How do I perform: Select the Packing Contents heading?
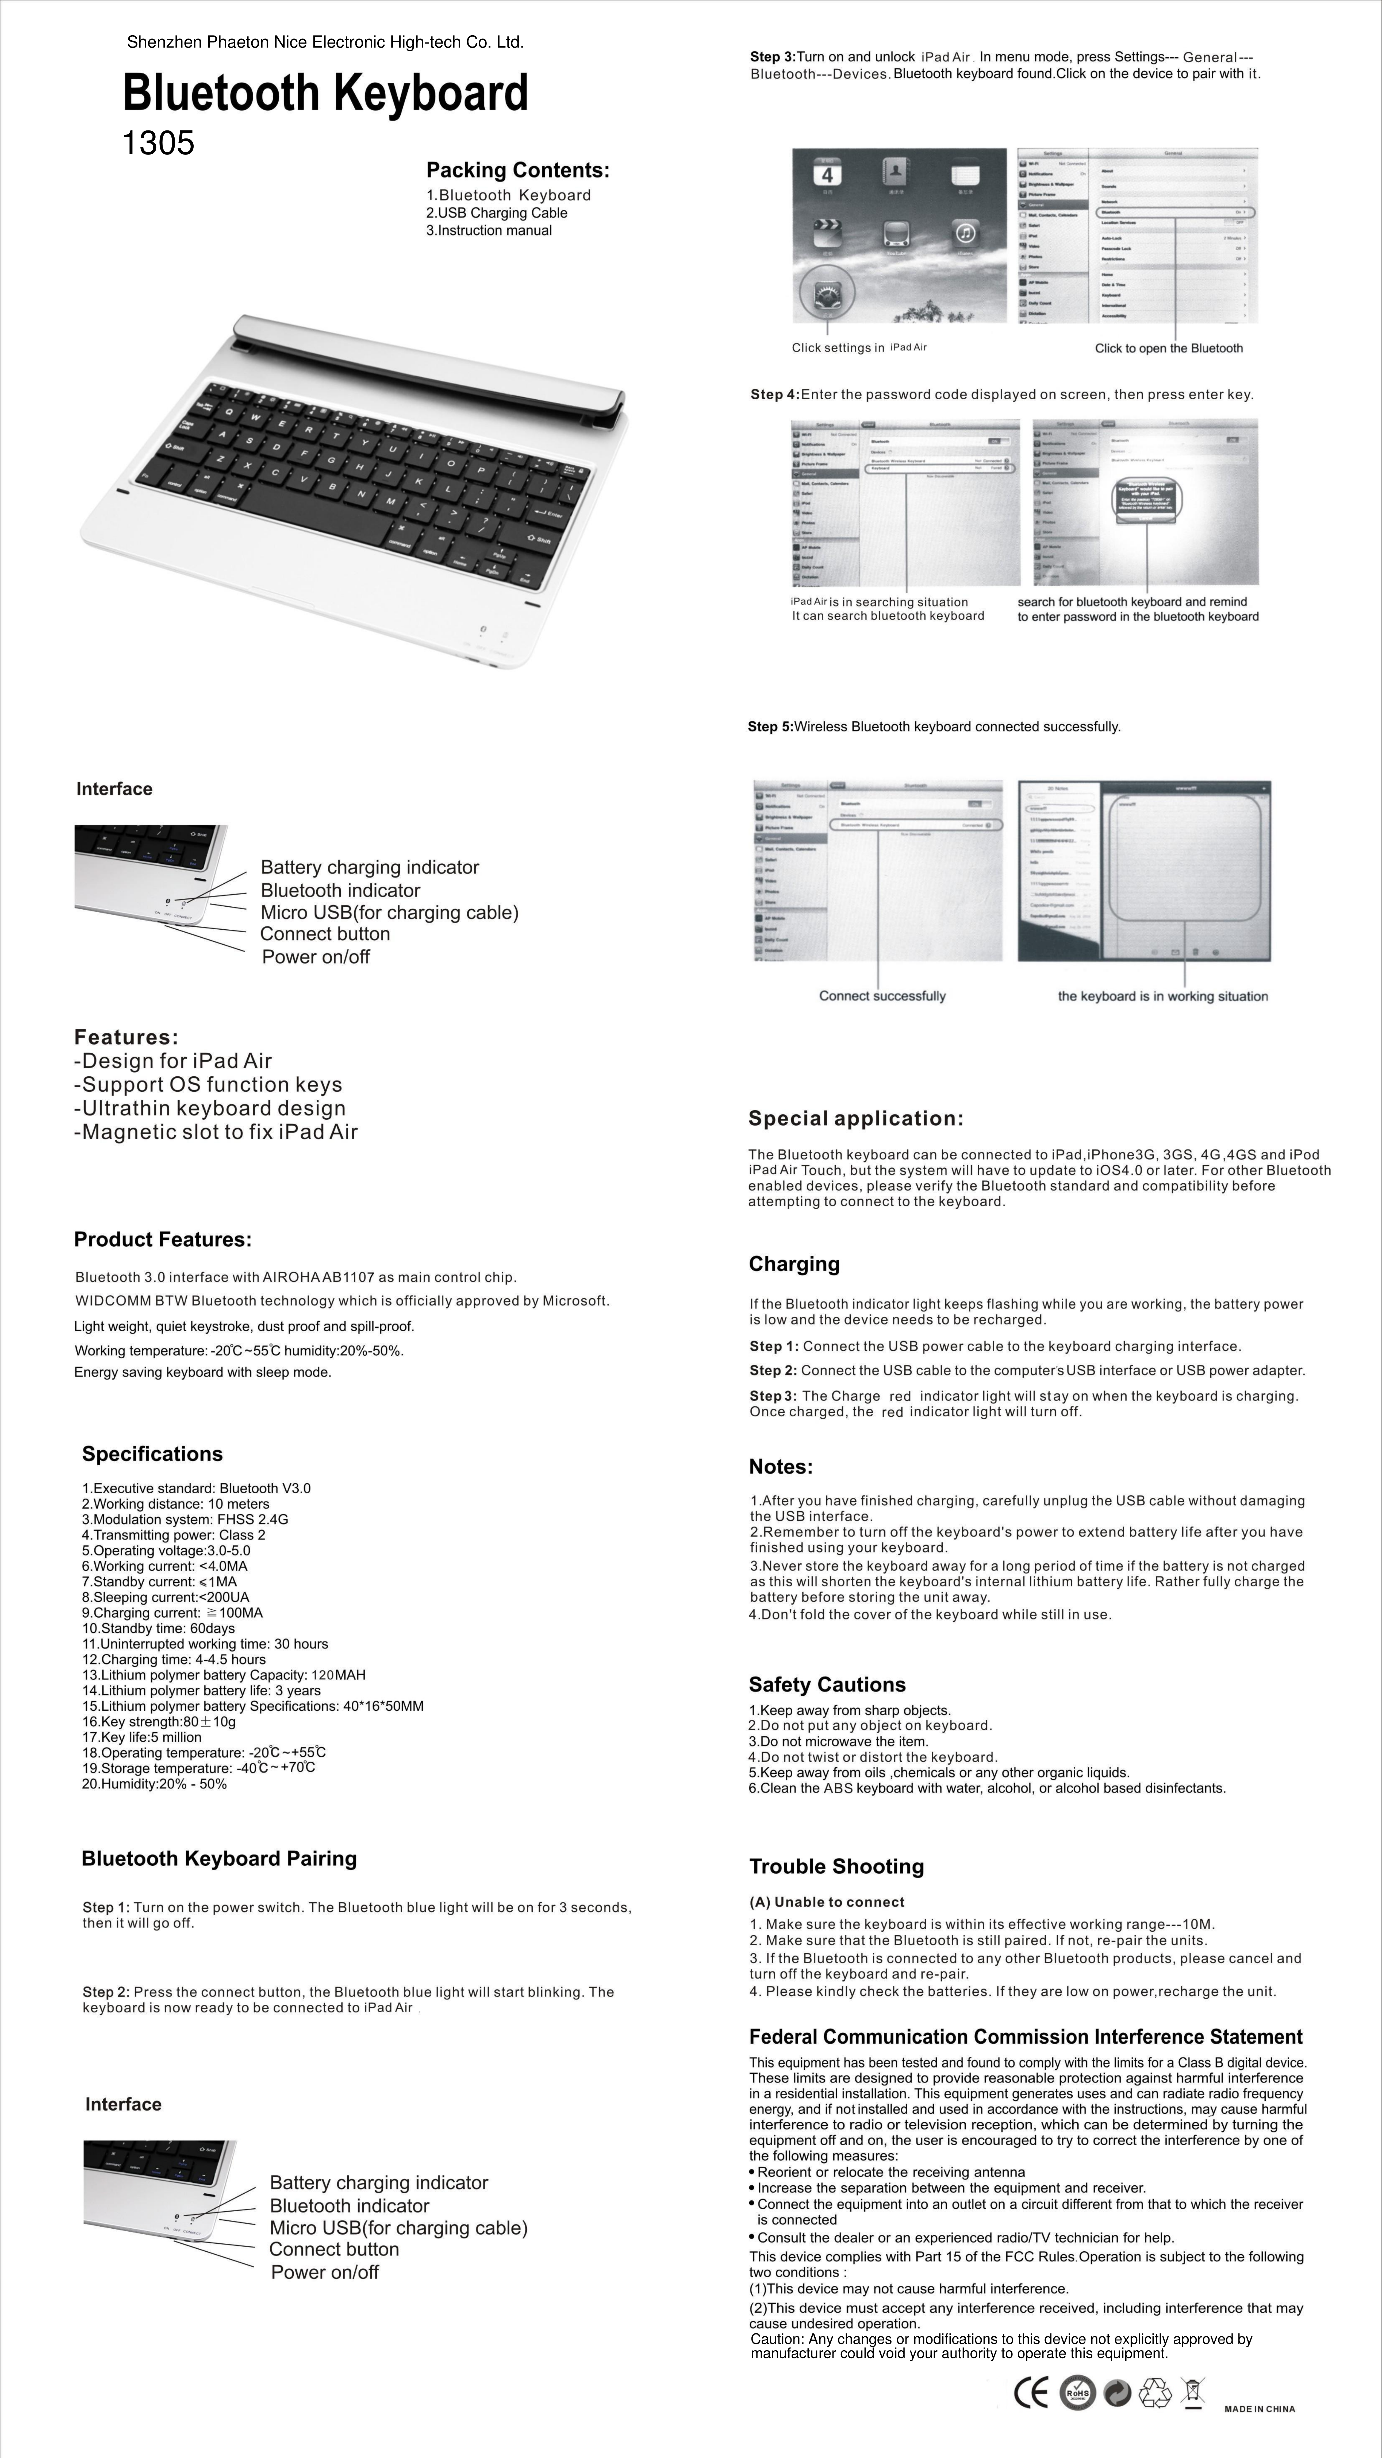pos(517,171)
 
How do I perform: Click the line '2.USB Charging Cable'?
pos(496,213)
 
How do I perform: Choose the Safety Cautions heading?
pos(827,1684)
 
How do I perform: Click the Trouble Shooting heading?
pos(836,1866)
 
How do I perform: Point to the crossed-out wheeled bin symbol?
pos(1192,2394)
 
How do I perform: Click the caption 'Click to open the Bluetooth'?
pos(1168,348)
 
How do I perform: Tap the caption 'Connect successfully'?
pos(882,996)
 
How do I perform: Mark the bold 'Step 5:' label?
pos(769,727)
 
